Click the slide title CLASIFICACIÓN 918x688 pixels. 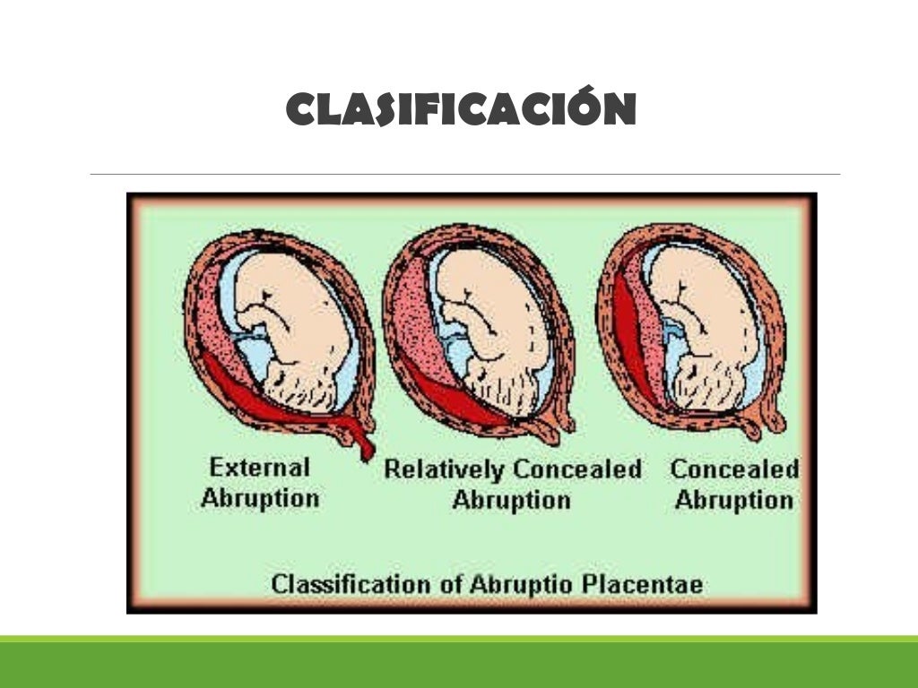(x=461, y=110)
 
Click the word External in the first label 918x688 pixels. (x=259, y=467)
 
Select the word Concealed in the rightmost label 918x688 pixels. (x=734, y=469)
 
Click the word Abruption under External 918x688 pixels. (x=260, y=498)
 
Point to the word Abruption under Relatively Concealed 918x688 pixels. (x=511, y=500)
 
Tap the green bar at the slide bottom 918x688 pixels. (x=459, y=663)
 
